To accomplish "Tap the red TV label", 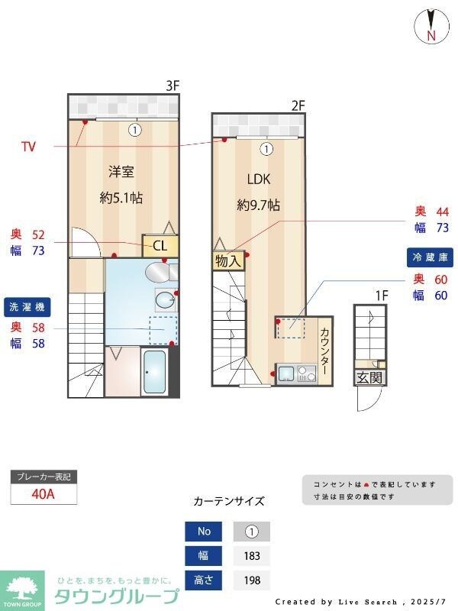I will [x=28, y=145].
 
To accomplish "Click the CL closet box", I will [x=160, y=245].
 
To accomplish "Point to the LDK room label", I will [x=259, y=179].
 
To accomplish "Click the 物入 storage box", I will [x=227, y=260].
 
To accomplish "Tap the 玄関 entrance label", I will [x=369, y=377].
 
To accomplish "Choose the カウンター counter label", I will [x=324, y=351].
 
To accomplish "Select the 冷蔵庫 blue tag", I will [x=430, y=257].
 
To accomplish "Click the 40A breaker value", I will [x=44, y=493].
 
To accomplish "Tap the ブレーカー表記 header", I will [x=44, y=477].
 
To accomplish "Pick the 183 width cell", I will [x=252, y=556].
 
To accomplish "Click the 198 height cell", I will [x=252, y=580].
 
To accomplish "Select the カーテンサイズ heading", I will [x=229, y=501].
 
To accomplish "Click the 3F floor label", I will [x=173, y=86].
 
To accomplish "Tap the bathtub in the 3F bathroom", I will [x=155, y=372].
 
